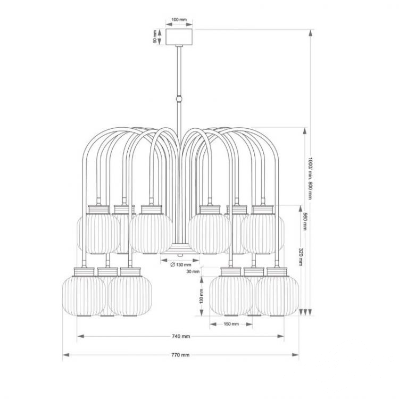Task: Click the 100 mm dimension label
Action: point(179,20)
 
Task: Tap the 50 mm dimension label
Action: point(155,37)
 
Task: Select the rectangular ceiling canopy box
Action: point(179,37)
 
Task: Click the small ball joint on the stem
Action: point(179,98)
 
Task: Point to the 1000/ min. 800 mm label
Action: point(310,178)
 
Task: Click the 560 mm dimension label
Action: point(305,221)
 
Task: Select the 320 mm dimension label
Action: point(301,257)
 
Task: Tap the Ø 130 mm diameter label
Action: point(180,265)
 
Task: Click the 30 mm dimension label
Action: point(193,271)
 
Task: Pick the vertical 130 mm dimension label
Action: point(202,296)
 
